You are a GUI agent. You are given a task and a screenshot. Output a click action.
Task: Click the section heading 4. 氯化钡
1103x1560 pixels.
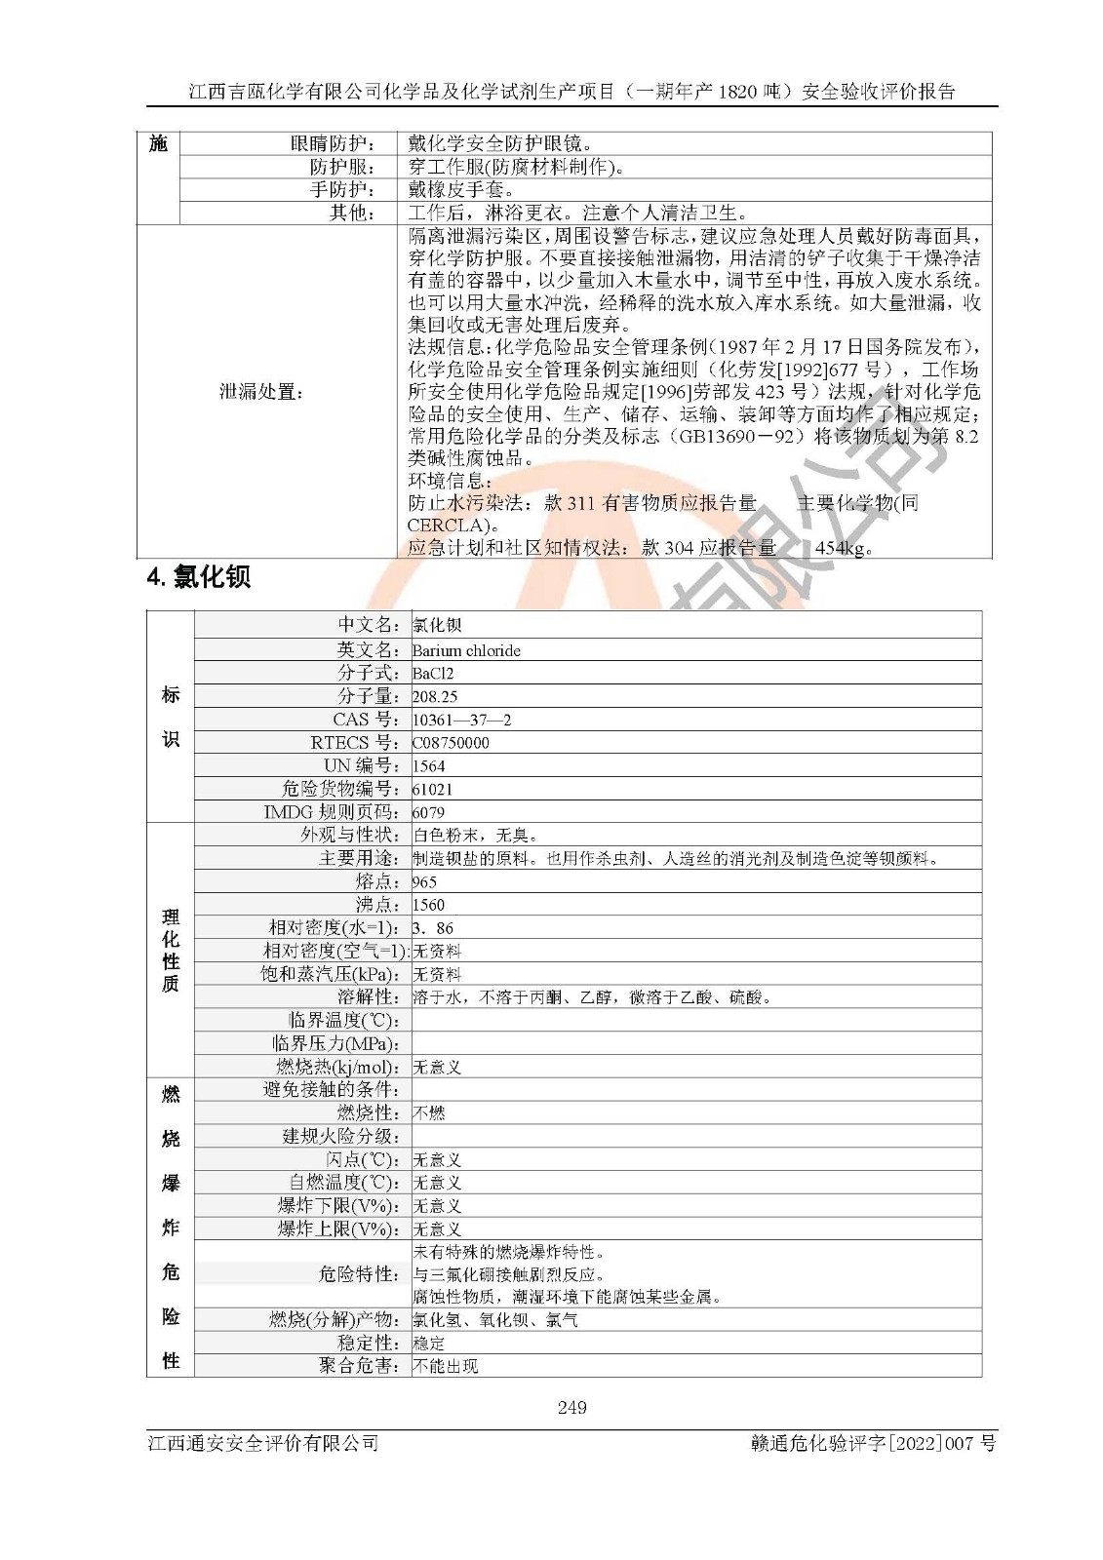(199, 577)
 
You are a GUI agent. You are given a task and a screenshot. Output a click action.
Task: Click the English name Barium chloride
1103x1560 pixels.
(466, 650)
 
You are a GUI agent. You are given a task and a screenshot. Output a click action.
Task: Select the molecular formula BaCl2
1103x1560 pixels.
(433, 674)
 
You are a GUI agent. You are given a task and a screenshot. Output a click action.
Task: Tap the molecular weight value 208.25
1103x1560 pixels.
(435, 696)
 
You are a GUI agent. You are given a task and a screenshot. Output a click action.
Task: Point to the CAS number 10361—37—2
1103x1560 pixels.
(461, 720)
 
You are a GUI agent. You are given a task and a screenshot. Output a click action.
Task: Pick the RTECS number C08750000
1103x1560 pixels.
(451, 743)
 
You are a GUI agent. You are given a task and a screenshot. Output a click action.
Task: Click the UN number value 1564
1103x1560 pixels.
(428, 766)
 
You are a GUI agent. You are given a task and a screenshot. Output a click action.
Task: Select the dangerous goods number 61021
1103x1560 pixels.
(432, 790)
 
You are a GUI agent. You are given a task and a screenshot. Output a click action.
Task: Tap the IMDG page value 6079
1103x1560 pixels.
(428, 812)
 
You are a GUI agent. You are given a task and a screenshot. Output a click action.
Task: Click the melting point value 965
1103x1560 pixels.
(424, 881)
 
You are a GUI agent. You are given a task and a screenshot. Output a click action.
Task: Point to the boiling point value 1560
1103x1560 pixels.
(428, 905)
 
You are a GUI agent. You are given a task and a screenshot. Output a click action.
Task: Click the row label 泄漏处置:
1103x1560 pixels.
(261, 392)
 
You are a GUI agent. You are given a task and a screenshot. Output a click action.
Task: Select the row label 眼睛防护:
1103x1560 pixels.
(333, 143)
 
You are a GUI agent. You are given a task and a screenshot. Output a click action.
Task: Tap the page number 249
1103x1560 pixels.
(572, 1407)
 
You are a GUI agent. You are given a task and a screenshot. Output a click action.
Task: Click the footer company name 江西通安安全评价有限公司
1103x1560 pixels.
(263, 1443)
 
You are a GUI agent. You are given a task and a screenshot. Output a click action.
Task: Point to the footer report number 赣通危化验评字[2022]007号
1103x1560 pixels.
(868, 1443)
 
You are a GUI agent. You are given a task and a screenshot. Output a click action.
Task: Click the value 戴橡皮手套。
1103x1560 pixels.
(461, 189)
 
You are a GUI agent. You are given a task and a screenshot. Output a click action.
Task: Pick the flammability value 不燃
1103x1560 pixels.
(429, 1113)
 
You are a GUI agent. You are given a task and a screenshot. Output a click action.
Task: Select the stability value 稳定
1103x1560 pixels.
(429, 1344)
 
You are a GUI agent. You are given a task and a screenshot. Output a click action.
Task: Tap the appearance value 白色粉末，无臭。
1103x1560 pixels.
(475, 836)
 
